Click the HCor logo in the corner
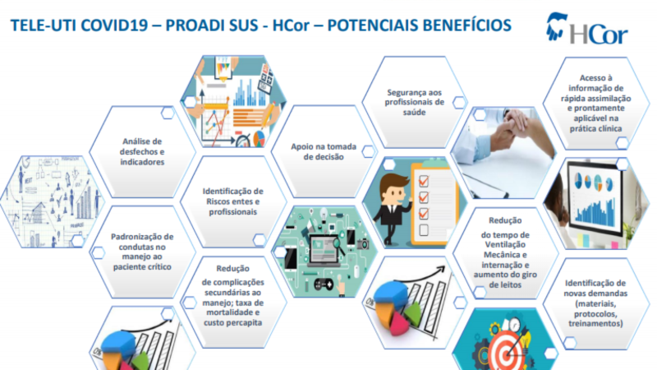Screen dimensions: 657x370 coord(586,28)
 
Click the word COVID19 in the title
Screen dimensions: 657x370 coord(114,25)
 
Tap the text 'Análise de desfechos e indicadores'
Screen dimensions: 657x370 coord(142,151)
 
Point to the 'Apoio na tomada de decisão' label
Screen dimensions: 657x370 coord(324,151)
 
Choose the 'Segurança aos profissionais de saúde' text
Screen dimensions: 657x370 coord(415,102)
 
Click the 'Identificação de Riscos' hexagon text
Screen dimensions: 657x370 coord(233,201)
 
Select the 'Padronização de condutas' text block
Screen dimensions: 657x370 coord(142,252)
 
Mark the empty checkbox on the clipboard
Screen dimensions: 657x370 coord(424,230)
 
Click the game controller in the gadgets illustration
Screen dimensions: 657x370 coord(324,284)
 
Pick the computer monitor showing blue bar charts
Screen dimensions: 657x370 coord(594,197)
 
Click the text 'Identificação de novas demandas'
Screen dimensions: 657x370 coord(595,289)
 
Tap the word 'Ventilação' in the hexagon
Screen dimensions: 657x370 coord(505,244)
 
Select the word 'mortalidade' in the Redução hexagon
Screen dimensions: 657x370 coord(233,312)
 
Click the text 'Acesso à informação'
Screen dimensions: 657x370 coord(596,83)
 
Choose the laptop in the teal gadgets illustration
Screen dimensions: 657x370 coord(324,252)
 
